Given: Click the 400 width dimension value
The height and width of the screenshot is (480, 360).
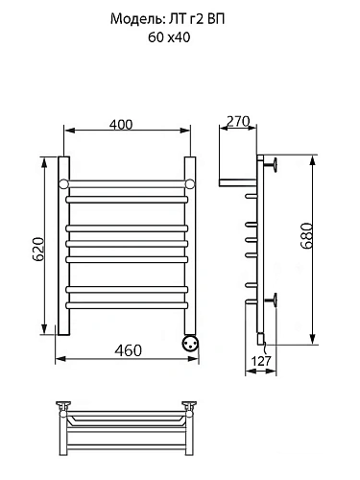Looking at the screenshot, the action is click(x=121, y=125).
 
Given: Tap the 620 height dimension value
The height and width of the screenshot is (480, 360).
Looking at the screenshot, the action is click(x=38, y=250).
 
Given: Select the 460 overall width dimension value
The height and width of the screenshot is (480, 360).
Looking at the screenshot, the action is click(x=128, y=350).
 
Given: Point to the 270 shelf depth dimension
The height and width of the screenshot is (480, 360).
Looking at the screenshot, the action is click(x=238, y=121).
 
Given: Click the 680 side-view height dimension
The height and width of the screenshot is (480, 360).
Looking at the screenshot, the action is click(x=306, y=236).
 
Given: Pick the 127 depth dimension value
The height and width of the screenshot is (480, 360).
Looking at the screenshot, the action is click(x=261, y=361).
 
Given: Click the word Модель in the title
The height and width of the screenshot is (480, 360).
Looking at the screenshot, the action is click(x=136, y=19).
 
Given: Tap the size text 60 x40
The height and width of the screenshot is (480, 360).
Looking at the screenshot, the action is click(x=169, y=37).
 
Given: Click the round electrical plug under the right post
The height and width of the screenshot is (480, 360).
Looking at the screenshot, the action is click(x=190, y=344).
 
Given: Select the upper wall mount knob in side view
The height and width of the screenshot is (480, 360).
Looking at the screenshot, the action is click(x=270, y=166).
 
